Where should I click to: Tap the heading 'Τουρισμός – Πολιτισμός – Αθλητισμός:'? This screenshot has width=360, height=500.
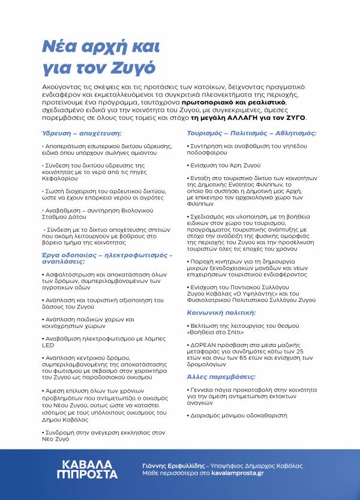pyautogui.click(x=251, y=133)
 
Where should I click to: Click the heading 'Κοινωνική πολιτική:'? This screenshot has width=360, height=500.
pyautogui.click(x=221, y=313)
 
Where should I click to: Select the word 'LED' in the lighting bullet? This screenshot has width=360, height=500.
pyautogui.click(x=48, y=346)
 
